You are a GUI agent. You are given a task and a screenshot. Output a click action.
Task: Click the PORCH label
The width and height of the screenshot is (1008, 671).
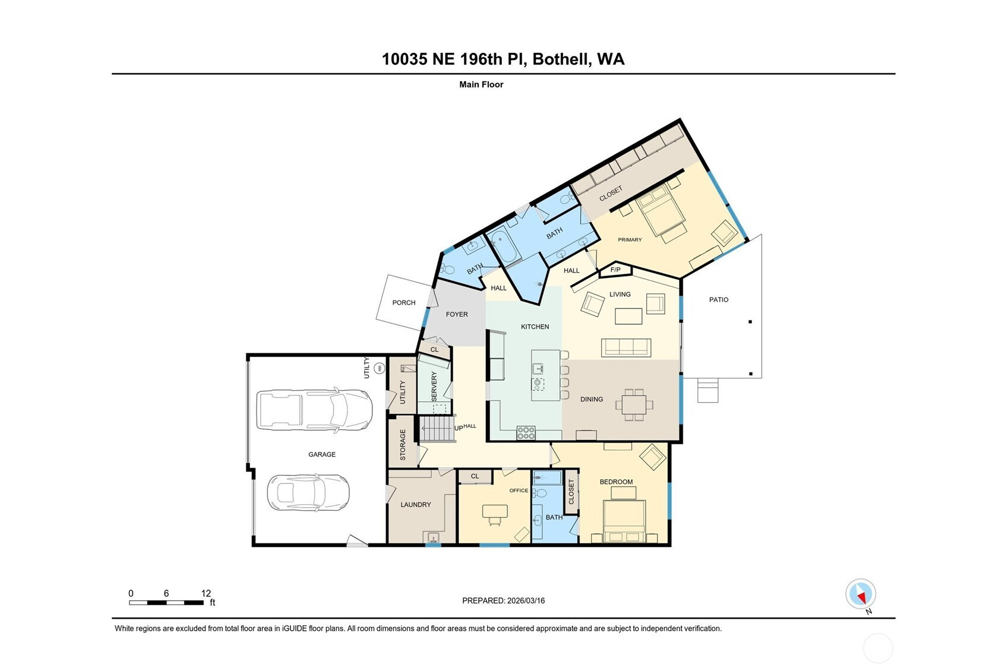[x=404, y=303]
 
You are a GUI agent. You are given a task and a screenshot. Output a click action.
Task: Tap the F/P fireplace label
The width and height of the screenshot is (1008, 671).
[x=615, y=270]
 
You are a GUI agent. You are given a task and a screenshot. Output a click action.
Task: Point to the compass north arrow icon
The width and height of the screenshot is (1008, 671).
[x=861, y=594]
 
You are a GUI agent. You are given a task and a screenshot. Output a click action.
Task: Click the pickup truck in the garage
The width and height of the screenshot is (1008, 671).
[x=314, y=410]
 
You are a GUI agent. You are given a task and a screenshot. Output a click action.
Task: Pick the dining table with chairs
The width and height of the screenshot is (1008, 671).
[x=634, y=405]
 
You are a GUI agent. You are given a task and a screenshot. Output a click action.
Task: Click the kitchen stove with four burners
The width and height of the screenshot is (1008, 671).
[x=526, y=433]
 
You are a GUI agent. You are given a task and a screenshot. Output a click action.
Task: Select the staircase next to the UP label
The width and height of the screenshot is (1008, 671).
[x=437, y=429]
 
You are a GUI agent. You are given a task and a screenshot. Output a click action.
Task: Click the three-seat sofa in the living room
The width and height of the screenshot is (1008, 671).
[x=626, y=347]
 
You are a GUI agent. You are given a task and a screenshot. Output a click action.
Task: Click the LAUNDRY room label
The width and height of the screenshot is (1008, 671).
[x=416, y=505]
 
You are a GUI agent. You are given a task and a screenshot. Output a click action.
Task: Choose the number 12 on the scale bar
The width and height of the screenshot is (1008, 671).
[x=206, y=593]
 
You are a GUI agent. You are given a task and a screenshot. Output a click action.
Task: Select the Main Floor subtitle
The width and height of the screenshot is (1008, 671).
[x=481, y=84]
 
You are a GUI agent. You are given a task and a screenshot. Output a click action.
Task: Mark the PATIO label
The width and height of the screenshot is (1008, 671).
[x=719, y=299]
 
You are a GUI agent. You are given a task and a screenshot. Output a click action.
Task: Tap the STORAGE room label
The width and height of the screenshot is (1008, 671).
[x=403, y=444]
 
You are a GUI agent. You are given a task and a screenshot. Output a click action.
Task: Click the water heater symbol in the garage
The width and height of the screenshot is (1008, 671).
[x=380, y=369]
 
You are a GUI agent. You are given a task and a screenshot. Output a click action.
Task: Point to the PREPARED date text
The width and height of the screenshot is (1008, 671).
[x=504, y=600]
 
